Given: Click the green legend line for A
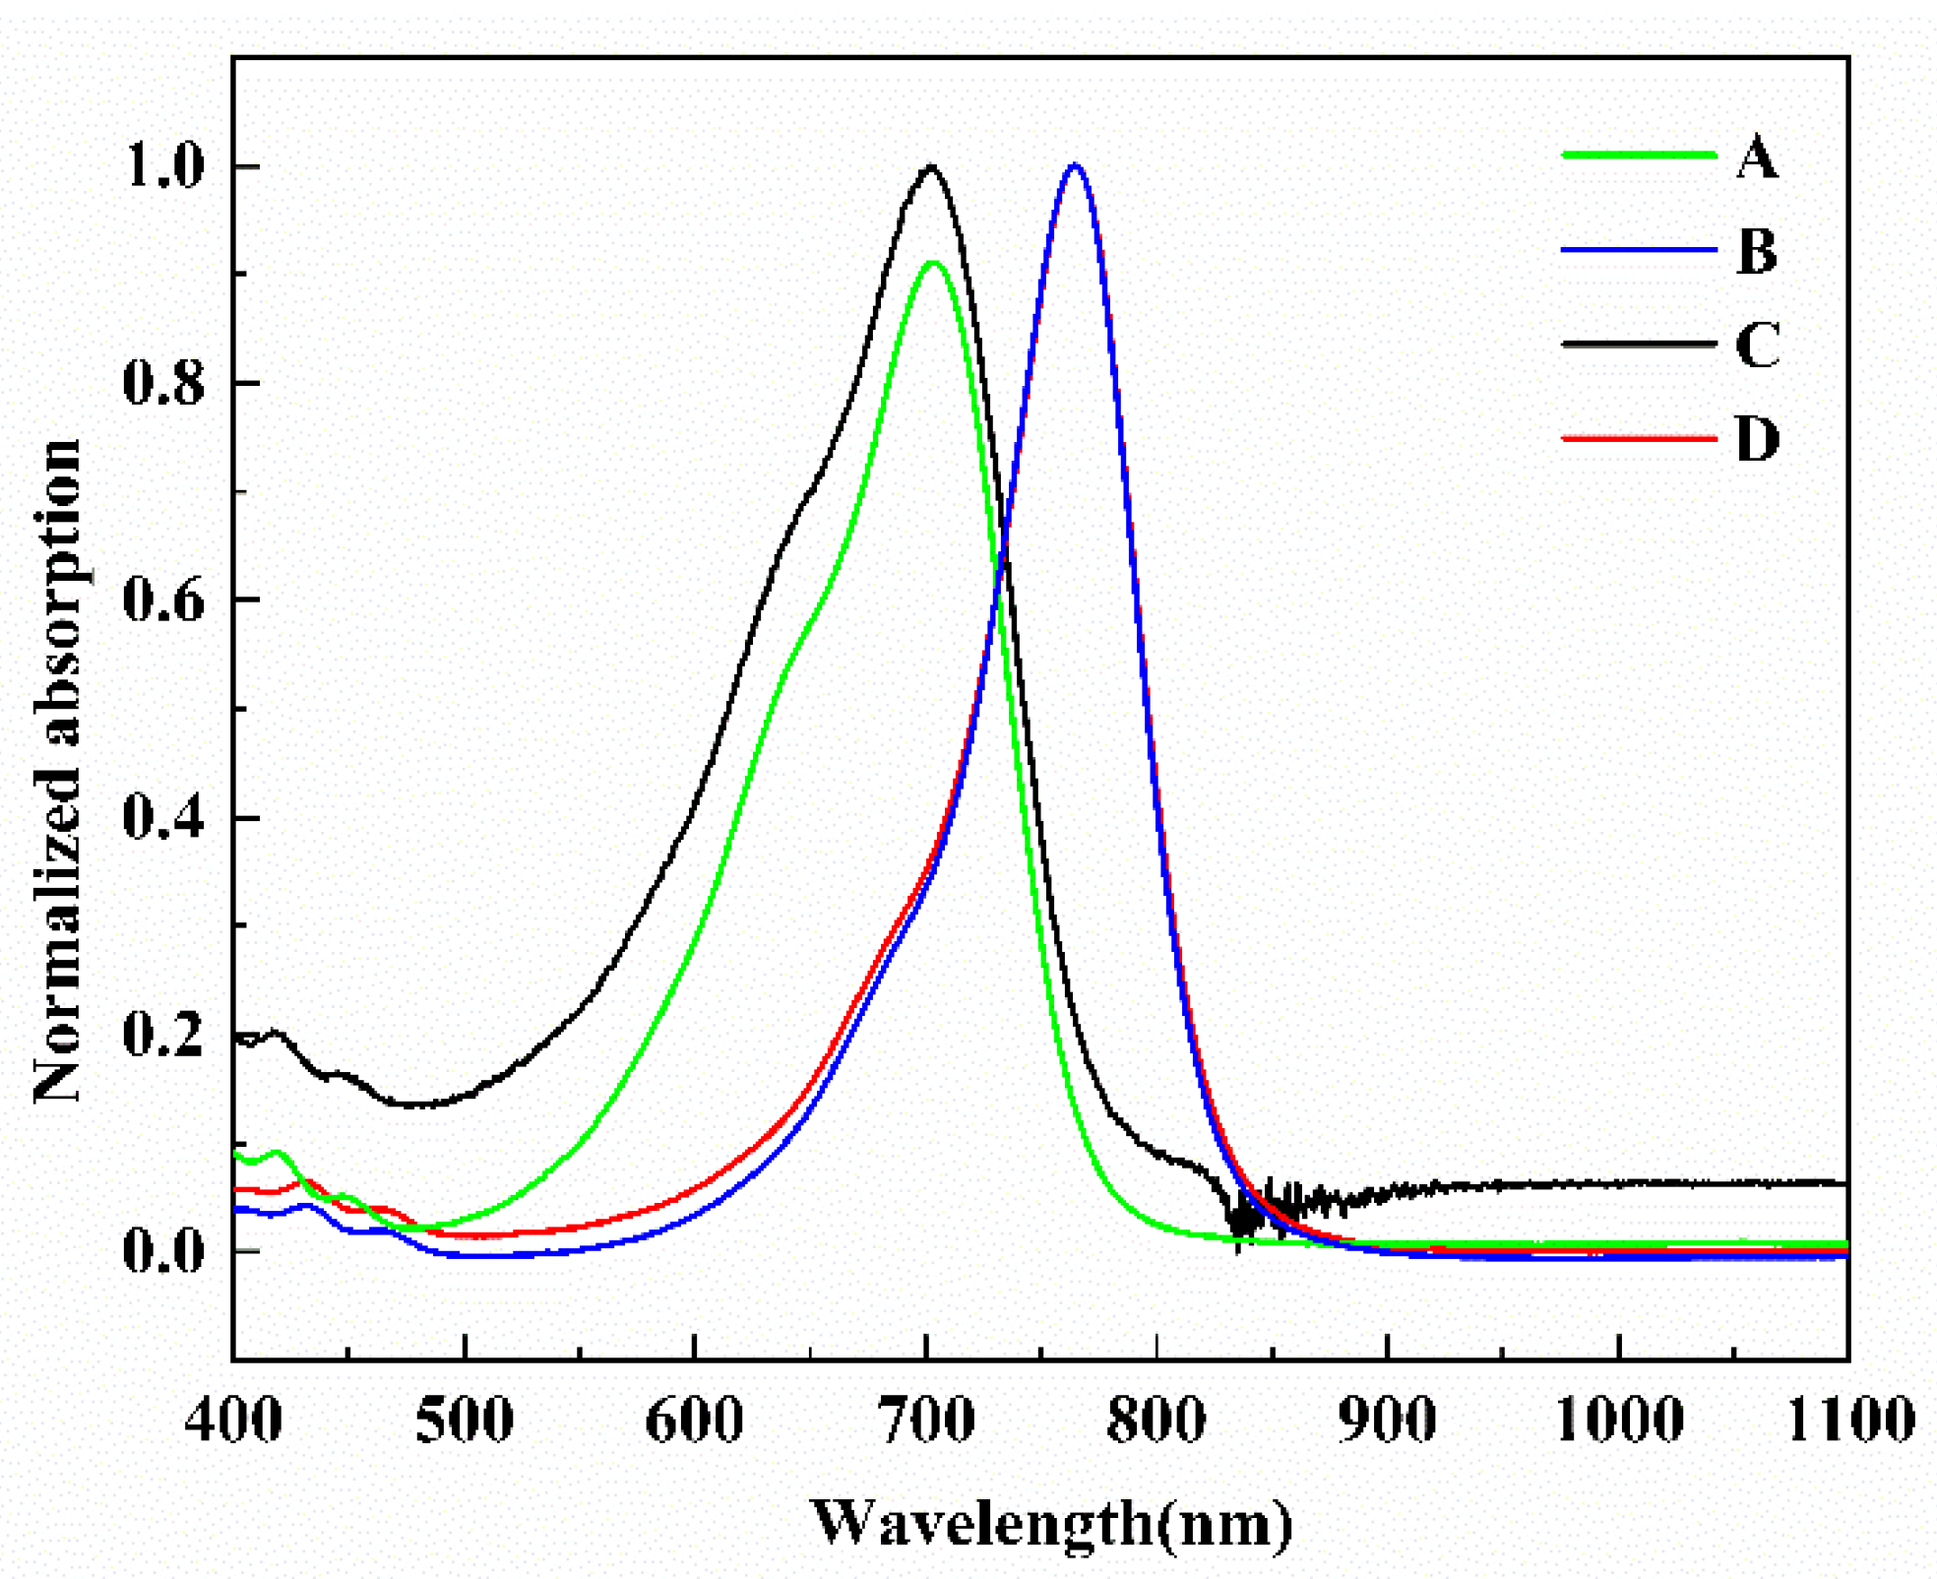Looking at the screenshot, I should [x=1639, y=155].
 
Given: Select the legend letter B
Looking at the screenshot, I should [x=1757, y=251].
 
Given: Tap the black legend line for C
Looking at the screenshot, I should [x=1639, y=344].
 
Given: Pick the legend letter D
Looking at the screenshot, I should [x=1758, y=438].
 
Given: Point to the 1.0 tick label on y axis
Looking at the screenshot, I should [x=163, y=166].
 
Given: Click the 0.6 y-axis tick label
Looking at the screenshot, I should [x=163, y=600].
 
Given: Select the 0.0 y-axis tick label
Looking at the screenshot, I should [x=163, y=1251].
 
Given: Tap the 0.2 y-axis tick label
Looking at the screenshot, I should [x=163, y=1035].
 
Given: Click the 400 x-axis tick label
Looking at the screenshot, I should [x=233, y=1421].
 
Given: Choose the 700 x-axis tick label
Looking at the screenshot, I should [x=926, y=1421].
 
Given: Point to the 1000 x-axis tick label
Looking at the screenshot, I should [x=1618, y=1421].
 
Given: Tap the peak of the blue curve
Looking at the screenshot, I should [x=1075, y=165].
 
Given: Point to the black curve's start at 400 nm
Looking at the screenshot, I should [x=237, y=1038].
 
